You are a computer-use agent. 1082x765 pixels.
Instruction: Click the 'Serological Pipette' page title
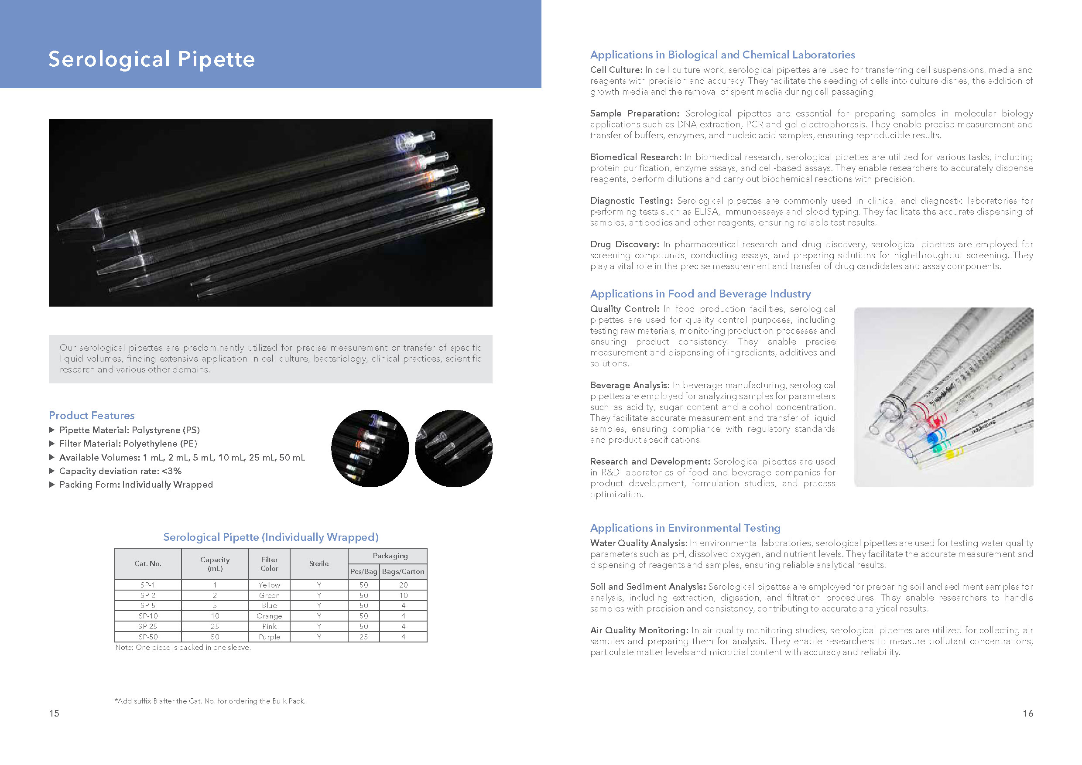coord(151,59)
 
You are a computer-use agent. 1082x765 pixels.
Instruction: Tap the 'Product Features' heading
coord(92,416)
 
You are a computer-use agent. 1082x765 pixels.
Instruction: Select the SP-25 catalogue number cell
coord(147,626)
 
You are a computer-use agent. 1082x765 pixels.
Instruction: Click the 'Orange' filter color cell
coord(269,616)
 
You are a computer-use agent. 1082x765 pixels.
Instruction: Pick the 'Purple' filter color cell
coord(269,637)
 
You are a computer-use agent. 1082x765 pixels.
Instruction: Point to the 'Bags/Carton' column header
coord(403,571)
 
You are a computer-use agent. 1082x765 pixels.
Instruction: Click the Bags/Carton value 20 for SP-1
coord(403,585)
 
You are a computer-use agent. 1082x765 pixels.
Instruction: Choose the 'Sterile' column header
coord(318,564)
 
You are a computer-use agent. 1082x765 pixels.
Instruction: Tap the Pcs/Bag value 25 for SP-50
coord(363,637)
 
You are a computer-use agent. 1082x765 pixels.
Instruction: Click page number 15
coord(54,714)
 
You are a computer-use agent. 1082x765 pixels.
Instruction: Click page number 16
coord(1028,714)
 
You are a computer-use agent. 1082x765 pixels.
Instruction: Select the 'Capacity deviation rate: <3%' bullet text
coord(120,471)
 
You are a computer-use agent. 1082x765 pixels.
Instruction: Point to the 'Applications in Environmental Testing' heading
coord(685,528)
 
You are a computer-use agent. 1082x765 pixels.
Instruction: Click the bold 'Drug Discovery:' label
coord(624,245)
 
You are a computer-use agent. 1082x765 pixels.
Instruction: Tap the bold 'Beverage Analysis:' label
coord(630,385)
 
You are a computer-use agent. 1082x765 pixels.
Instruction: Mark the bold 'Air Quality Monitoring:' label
coord(639,630)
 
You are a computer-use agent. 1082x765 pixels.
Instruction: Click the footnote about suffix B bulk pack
coord(210,701)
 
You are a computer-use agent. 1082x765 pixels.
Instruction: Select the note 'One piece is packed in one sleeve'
coord(183,648)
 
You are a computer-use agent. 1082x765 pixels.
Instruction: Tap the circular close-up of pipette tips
coord(453,448)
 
